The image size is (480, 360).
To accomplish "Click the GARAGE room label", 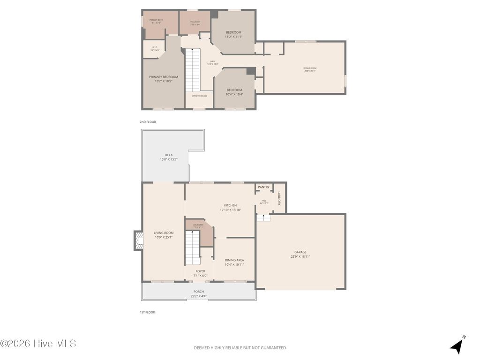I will (300, 252).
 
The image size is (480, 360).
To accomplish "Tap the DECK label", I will (168, 155).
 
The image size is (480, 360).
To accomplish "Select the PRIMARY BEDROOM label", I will (164, 77).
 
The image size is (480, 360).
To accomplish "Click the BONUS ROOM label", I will (310, 68).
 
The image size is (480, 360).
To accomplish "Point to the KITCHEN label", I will (230, 205).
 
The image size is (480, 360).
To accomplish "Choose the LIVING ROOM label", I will (164, 233).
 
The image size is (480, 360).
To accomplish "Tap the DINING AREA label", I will (234, 260).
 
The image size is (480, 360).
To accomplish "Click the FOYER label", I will (200, 271).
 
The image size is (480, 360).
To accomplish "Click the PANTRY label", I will (264, 187).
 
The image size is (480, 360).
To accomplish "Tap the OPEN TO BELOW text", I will (199, 96).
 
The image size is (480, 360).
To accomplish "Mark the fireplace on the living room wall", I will (138, 240).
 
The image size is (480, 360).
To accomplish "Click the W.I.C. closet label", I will (155, 48).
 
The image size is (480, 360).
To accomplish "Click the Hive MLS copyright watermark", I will (38, 344).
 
